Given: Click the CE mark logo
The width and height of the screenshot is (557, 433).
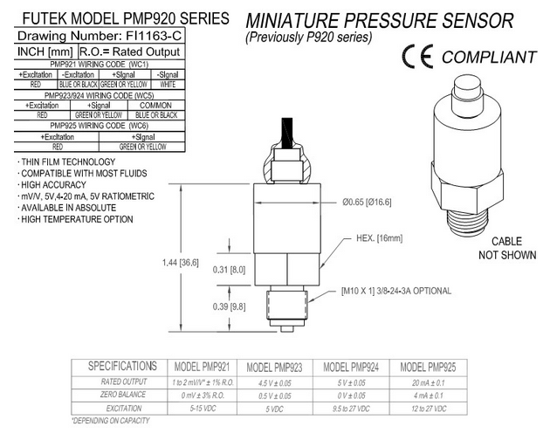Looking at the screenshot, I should coord(420,58).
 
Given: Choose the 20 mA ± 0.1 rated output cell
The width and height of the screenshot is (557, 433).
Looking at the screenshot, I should coord(434,381).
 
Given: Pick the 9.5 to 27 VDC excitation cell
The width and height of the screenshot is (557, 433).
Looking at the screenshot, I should coord(357,408).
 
